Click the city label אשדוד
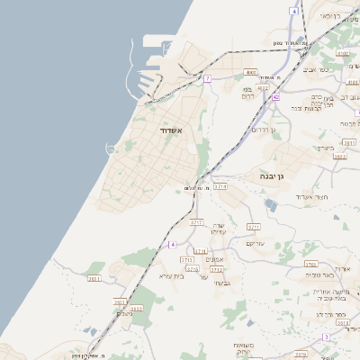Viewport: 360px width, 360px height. click(x=171, y=130)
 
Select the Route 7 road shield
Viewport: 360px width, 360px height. click(x=206, y=79)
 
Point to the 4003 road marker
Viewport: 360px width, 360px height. click(x=251, y=72)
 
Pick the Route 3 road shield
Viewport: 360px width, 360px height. click(x=325, y=337)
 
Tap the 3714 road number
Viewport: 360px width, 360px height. click(x=220, y=186)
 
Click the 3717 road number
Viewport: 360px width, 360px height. click(x=196, y=221)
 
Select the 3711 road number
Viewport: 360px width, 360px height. click(x=200, y=251)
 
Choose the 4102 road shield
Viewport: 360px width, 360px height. click(x=343, y=54)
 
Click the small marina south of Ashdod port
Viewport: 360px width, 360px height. click(x=112, y=147)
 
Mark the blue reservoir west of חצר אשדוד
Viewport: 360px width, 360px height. click(x=271, y=205)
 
